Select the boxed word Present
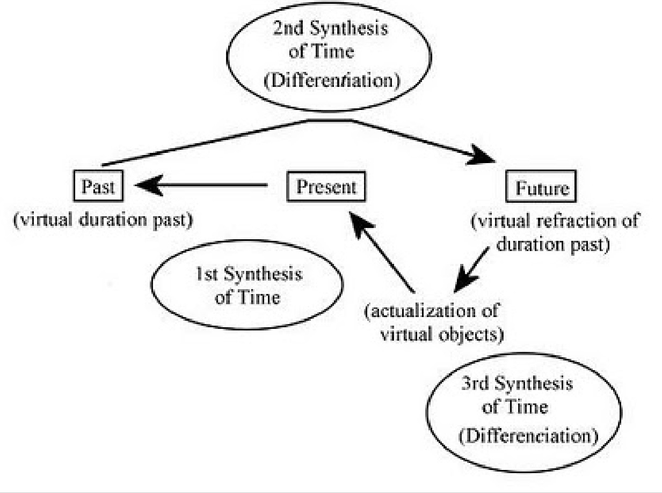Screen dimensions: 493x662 [326, 187]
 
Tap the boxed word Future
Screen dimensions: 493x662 [541, 188]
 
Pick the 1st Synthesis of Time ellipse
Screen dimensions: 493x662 [249, 284]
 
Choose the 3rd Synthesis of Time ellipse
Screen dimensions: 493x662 [524, 410]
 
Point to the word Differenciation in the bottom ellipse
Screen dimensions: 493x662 [528, 435]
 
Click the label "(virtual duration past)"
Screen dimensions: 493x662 [103, 220]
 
